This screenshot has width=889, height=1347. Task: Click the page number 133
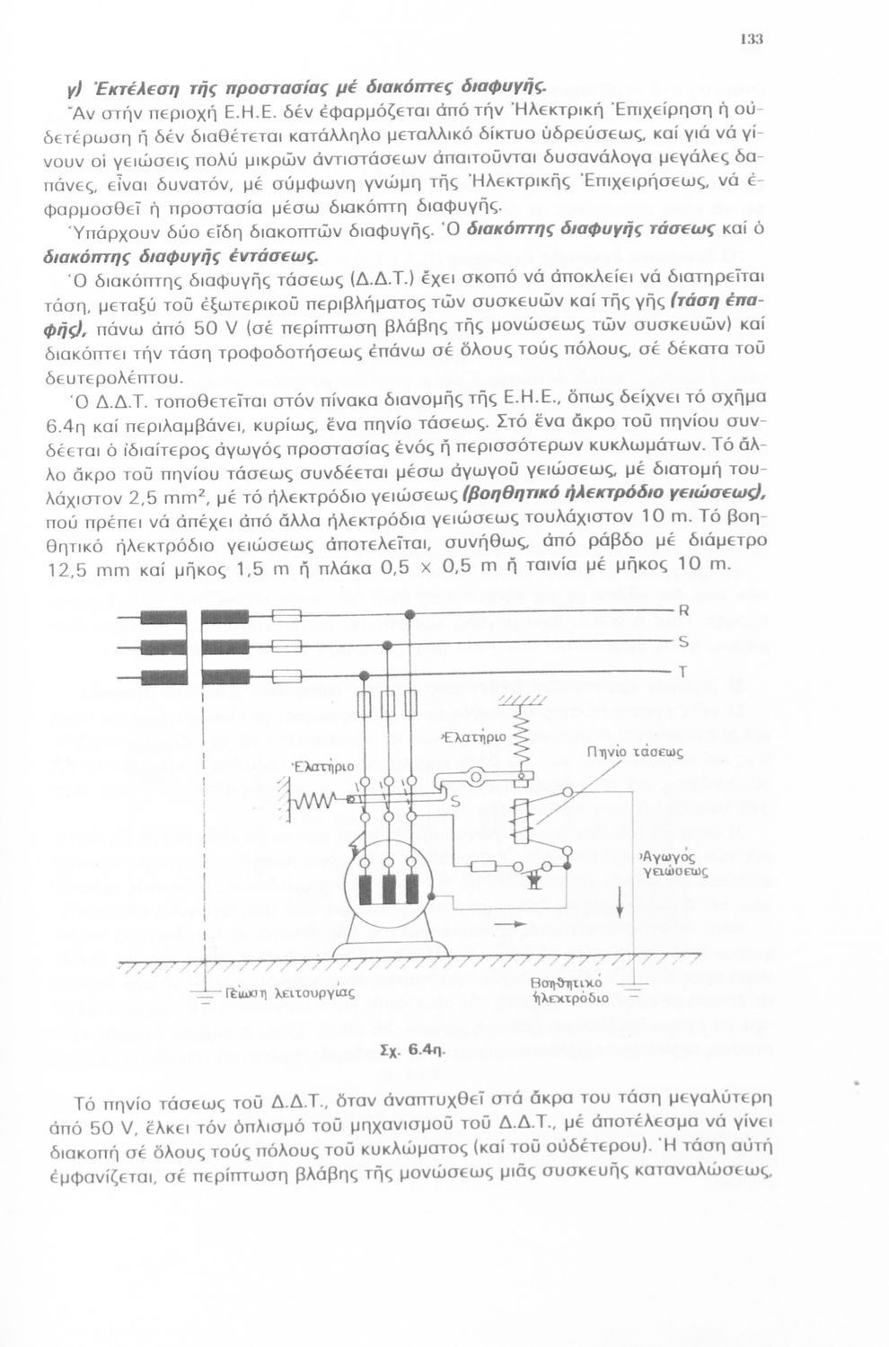click(x=752, y=40)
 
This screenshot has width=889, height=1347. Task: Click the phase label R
click(x=682, y=612)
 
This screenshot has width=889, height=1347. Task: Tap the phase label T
click(x=682, y=672)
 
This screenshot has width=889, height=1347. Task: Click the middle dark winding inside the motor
click(x=389, y=890)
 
